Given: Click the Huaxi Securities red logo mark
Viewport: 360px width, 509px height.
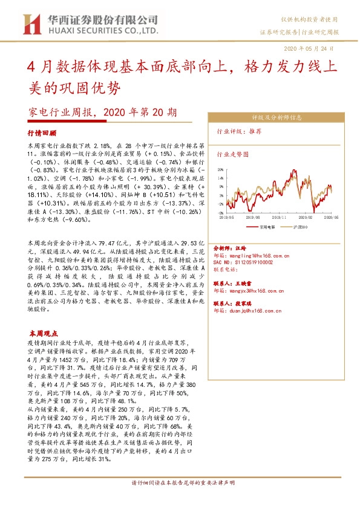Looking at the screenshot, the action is (28, 24).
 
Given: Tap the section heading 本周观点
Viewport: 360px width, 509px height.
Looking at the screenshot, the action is (44, 333).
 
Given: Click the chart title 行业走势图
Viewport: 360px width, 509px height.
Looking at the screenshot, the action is (233, 154).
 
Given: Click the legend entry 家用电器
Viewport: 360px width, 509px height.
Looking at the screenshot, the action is (263, 244).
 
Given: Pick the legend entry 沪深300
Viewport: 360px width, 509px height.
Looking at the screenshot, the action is (300, 244).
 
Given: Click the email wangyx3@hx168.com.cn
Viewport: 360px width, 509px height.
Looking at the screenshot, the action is (255, 290).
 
